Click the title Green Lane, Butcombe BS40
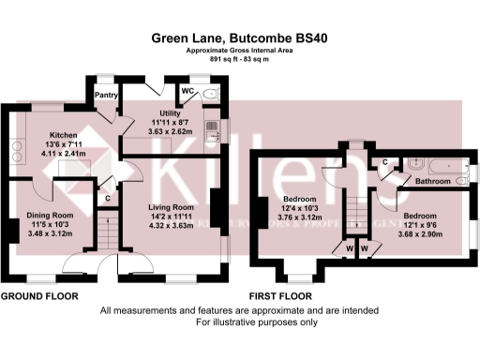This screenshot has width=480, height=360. pos(239,38)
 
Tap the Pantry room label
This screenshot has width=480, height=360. pos(104,95)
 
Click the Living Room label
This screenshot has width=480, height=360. pos(171,207)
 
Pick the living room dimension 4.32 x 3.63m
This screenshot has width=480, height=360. pos(171,226)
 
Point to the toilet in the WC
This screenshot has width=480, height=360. pos(208,94)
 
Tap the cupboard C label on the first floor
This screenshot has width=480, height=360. pos(385,162)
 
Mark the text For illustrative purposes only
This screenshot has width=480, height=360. pos(239,322)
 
